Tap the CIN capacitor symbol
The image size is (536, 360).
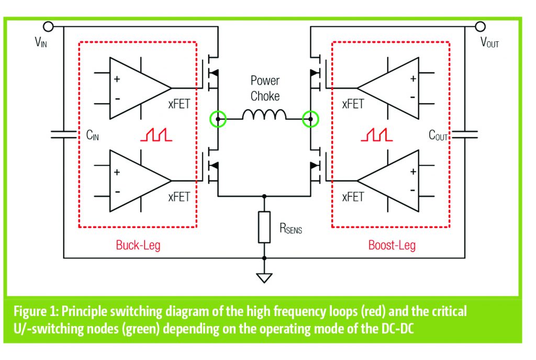[x=63, y=134]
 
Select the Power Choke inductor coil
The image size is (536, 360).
[x=264, y=115]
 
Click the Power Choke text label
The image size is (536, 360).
[x=265, y=88]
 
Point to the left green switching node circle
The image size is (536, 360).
[x=218, y=119]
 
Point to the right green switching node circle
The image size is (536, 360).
[x=311, y=119]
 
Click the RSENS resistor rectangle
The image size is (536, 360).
[x=264, y=227]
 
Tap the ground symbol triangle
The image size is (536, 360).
[x=264, y=277]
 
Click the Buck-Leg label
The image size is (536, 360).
[x=138, y=245]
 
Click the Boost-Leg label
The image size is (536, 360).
[x=392, y=245]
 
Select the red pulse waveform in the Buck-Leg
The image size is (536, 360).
[x=155, y=135]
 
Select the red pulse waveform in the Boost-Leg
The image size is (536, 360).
[x=376, y=135]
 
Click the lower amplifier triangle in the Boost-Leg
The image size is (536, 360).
[x=393, y=181]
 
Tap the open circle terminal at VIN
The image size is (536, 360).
[x=48, y=26]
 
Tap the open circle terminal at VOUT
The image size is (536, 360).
[x=481, y=26]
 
